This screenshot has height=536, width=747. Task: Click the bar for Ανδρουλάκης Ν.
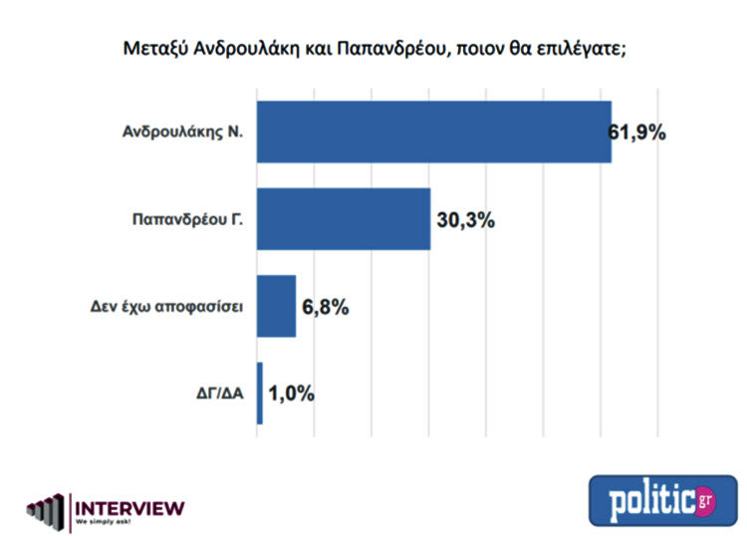(433, 132)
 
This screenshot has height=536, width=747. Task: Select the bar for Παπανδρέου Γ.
(344, 218)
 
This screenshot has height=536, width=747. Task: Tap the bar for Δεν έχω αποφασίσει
(276, 306)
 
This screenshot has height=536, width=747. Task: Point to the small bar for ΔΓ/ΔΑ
(260, 393)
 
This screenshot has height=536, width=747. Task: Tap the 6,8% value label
(325, 306)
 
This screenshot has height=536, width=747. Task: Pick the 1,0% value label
(291, 394)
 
